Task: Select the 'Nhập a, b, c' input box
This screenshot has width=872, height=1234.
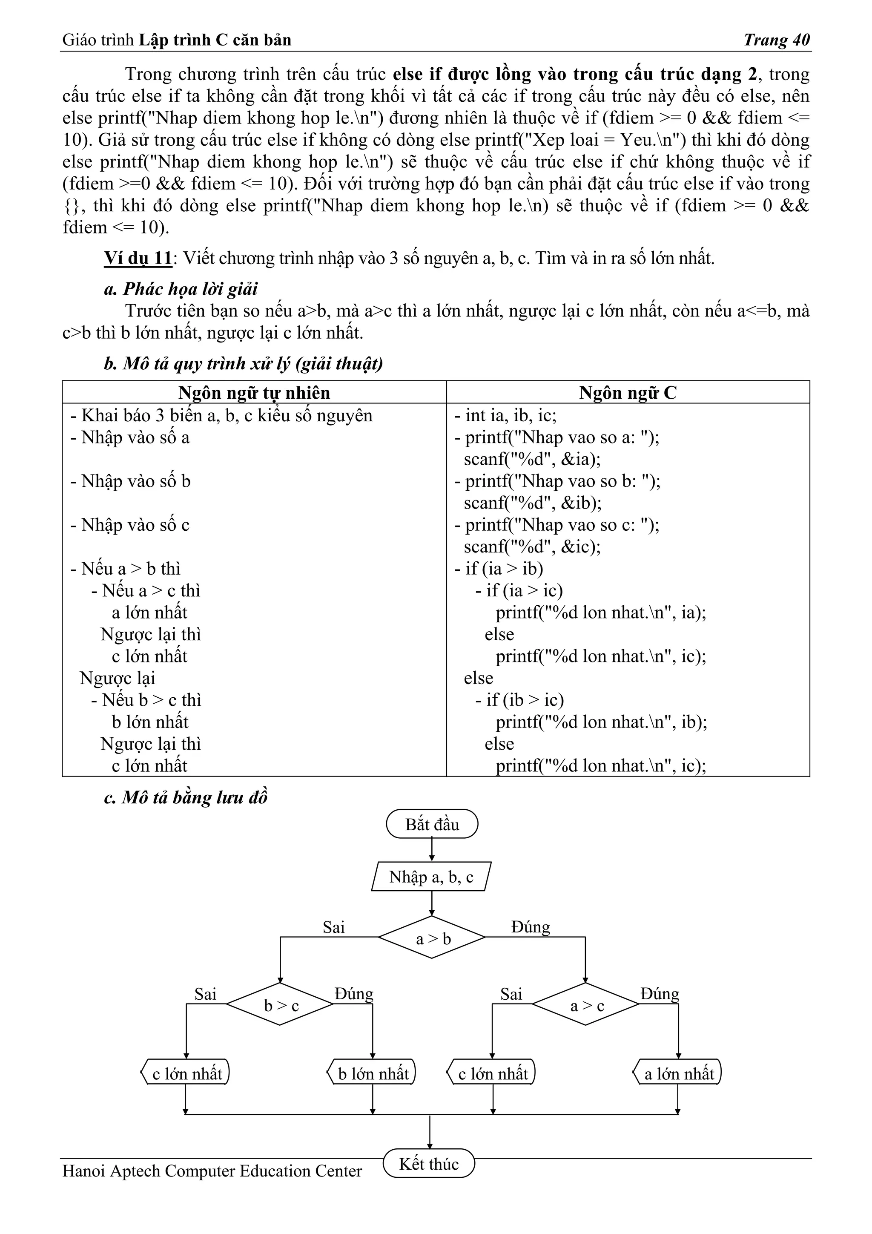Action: [431, 877]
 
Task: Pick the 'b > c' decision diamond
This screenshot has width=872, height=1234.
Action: [280, 1004]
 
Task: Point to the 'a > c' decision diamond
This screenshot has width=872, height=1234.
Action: [586, 1004]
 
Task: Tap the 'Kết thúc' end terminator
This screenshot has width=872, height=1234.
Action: [429, 1164]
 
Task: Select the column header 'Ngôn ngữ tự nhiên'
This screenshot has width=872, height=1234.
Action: [254, 393]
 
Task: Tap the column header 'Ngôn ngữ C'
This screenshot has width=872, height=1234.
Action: [628, 393]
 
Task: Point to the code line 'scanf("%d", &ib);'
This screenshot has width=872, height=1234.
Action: [533, 503]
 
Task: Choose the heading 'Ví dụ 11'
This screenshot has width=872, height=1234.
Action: [138, 259]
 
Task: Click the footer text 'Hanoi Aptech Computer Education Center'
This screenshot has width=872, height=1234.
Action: [212, 1171]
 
